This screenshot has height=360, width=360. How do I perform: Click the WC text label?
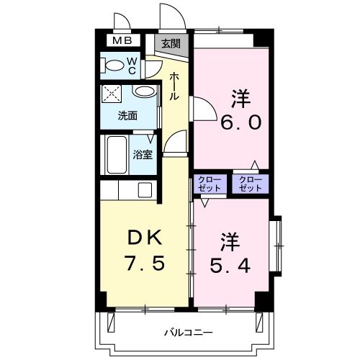pos(132,66)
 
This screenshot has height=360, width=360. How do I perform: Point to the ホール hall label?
pos(174,86)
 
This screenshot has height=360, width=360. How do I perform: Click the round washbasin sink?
pos(144,93)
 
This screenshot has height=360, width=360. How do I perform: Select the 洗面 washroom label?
pos(128,114)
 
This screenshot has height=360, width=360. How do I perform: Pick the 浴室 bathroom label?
pos(143,153)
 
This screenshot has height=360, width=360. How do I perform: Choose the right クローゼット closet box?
pos(250,183)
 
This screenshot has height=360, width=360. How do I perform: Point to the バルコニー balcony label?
pos(187,333)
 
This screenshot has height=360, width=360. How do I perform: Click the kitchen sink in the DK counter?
pos(145,190)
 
